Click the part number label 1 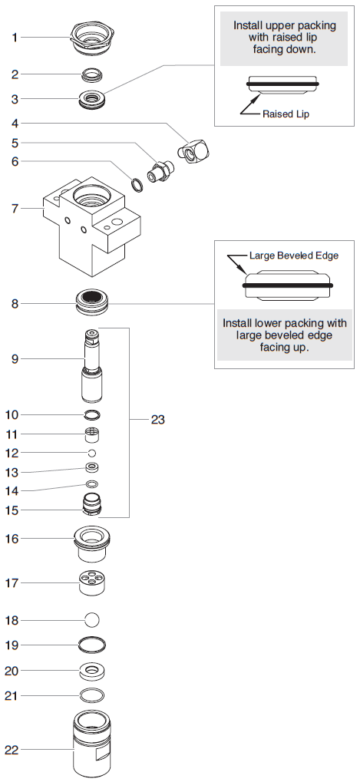coord(14,37)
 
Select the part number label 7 coord(14,208)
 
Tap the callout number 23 coord(157,420)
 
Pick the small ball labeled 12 coord(92,454)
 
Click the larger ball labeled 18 coord(92,619)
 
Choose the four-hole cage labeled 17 coord(92,583)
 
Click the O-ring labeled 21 coord(92,695)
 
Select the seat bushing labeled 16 coord(92,542)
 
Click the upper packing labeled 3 coord(92,99)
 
